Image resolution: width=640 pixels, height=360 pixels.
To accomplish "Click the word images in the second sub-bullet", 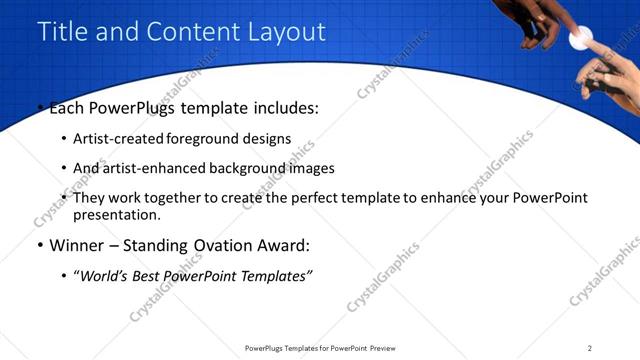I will (309, 168).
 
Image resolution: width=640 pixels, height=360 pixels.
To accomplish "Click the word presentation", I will (117, 214).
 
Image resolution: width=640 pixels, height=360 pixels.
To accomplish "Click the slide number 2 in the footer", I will (590, 348).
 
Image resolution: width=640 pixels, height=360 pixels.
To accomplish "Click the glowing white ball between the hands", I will (578, 40).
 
